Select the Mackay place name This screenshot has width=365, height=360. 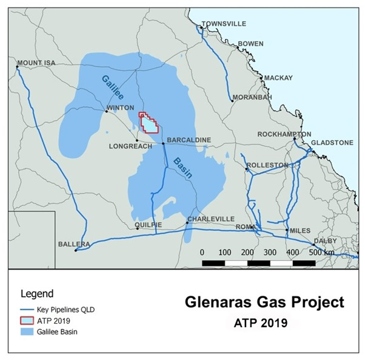(x=278, y=78)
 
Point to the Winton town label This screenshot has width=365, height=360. (x=119, y=108)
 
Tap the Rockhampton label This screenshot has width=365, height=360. (x=284, y=134)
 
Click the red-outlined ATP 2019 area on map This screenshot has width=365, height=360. (x=149, y=122)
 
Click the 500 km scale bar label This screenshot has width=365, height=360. (x=321, y=252)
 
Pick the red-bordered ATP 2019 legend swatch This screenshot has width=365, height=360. (x=29, y=321)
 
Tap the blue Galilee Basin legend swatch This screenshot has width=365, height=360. (x=29, y=331)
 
